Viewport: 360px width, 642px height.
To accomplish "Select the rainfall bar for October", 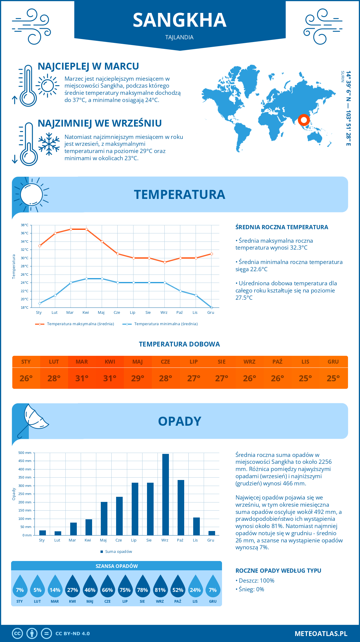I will tap(181, 508).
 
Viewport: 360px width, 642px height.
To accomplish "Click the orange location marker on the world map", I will tap(304, 120).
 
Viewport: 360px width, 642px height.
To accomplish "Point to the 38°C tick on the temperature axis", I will tap(25, 225).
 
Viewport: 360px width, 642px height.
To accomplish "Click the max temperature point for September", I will tap(165, 262).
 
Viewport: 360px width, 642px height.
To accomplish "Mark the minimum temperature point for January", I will tap(40, 303).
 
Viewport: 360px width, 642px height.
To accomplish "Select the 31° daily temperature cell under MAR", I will tap(82, 378).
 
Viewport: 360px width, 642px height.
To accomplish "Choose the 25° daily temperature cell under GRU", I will tap(333, 378).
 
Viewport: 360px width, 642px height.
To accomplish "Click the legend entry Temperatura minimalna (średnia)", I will tap(166, 324).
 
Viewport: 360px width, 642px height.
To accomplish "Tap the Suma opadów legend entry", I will tap(118, 552).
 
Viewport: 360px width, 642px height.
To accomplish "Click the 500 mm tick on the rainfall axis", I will tap(25, 453).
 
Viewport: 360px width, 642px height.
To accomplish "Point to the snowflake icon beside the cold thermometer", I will tap(49, 144).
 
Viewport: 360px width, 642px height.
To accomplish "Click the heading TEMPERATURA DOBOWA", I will tap(179, 344).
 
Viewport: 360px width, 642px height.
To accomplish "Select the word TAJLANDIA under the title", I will tap(179, 37).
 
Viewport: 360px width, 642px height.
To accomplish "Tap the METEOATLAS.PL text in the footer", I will tap(321, 634).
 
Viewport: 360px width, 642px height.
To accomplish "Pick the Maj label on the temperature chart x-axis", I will tap(101, 313).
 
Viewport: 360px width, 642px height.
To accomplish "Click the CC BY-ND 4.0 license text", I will tap(73, 634).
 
